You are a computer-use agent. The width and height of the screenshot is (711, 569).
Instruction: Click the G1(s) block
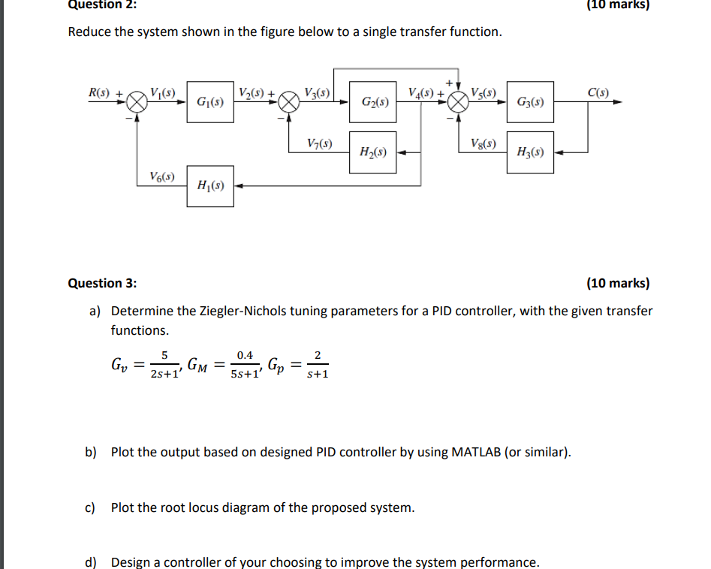point(209,101)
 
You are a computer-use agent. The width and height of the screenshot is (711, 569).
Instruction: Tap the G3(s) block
point(530,101)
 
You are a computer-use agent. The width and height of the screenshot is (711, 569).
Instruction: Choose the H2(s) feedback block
point(373,152)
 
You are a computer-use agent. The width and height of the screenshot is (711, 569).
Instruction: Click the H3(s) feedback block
point(530,152)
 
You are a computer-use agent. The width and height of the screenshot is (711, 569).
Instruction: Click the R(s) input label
point(100,93)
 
